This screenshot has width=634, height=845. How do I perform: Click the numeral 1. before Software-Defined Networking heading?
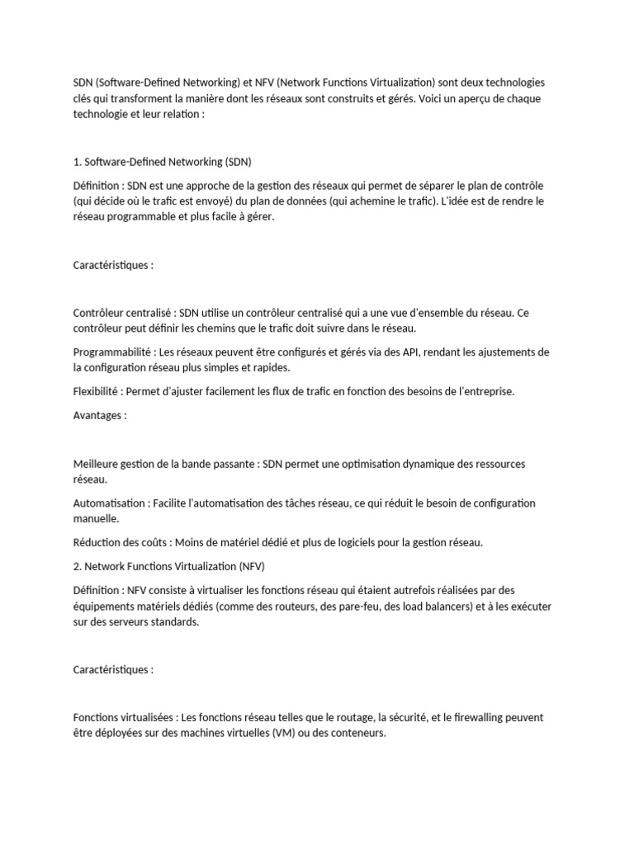(x=78, y=162)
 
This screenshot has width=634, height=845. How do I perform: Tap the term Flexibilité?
(x=96, y=391)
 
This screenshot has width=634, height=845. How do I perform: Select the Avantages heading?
(x=99, y=416)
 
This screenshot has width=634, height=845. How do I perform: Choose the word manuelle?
(x=96, y=519)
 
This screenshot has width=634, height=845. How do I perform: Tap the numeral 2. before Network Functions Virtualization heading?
(x=78, y=566)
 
